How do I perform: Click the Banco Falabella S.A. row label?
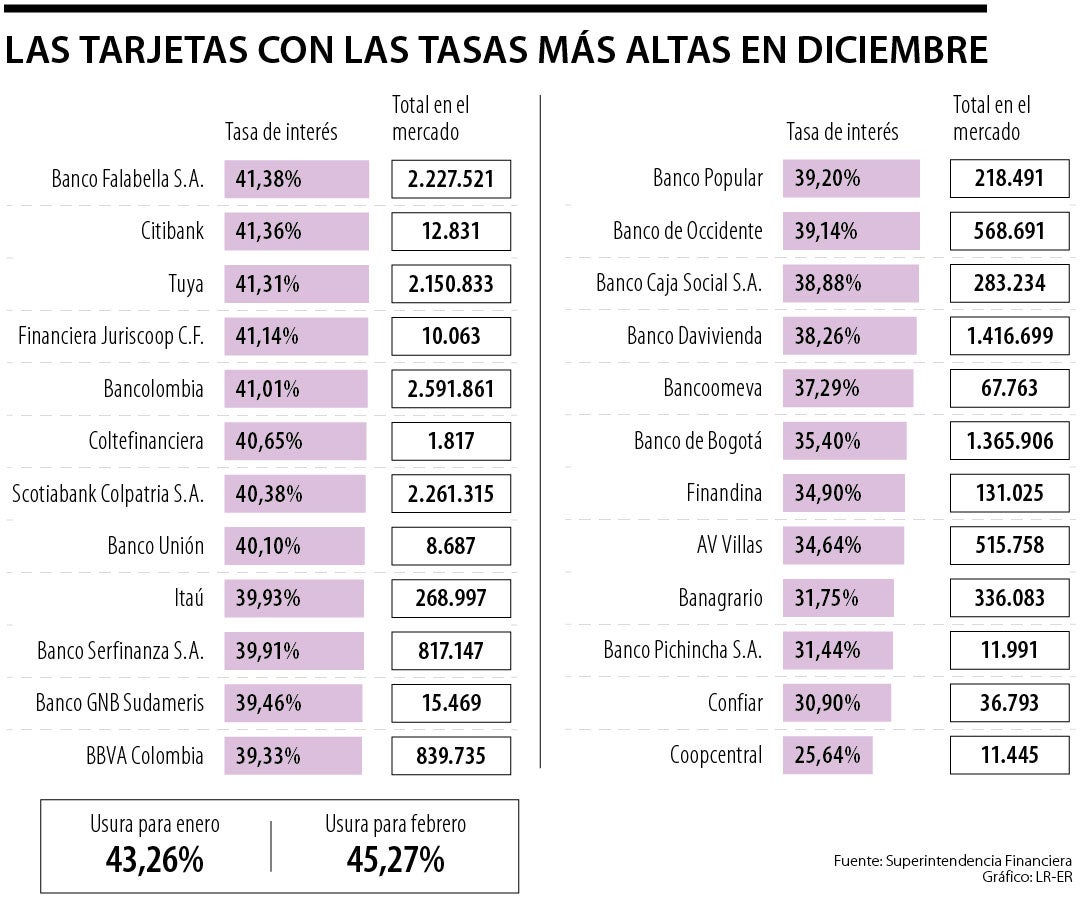coord(127,179)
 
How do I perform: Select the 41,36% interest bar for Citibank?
coord(297,231)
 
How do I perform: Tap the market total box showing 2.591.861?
coord(450,388)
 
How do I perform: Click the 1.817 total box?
coord(450,440)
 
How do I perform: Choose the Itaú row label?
coord(188,597)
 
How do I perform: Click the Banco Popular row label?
coord(707,179)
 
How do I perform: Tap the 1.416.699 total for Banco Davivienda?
coord(1009,336)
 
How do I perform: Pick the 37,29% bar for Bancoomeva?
coord(848,388)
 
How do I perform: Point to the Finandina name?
coord(724,493)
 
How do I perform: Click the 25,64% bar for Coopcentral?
coord(828,755)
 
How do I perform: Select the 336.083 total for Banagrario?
coord(1009,597)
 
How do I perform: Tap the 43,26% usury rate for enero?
coord(154,859)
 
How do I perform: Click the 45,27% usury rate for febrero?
coord(395,859)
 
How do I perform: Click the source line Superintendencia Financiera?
coord(952,861)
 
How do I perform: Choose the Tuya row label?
coord(186,284)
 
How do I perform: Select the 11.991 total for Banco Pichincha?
coord(1009,650)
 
